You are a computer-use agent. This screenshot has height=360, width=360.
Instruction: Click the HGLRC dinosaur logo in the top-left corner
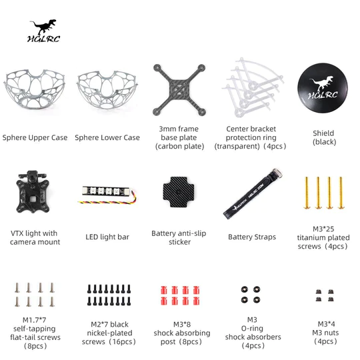[43, 31]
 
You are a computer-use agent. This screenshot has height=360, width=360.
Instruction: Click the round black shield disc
[323, 88]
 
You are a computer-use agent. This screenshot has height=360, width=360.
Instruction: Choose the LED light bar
[106, 191]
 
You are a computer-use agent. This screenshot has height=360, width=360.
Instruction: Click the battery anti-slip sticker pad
[179, 192]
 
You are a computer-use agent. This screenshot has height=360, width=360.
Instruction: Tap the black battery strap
[253, 194]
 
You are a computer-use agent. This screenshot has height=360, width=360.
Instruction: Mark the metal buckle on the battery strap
[277, 172]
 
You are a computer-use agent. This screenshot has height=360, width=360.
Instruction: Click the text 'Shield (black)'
[324, 137]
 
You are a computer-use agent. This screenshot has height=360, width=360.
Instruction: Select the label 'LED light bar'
[107, 237]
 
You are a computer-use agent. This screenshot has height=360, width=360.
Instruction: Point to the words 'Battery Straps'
[252, 237]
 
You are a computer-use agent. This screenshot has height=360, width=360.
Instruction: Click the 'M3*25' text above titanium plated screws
[323, 229]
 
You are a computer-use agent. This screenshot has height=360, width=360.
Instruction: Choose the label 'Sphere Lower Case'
[107, 137]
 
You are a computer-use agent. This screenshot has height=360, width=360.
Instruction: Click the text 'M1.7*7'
[35, 320]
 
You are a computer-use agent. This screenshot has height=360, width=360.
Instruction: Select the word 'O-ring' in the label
[252, 329]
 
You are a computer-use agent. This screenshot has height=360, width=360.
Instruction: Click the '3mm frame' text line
[179, 129]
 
